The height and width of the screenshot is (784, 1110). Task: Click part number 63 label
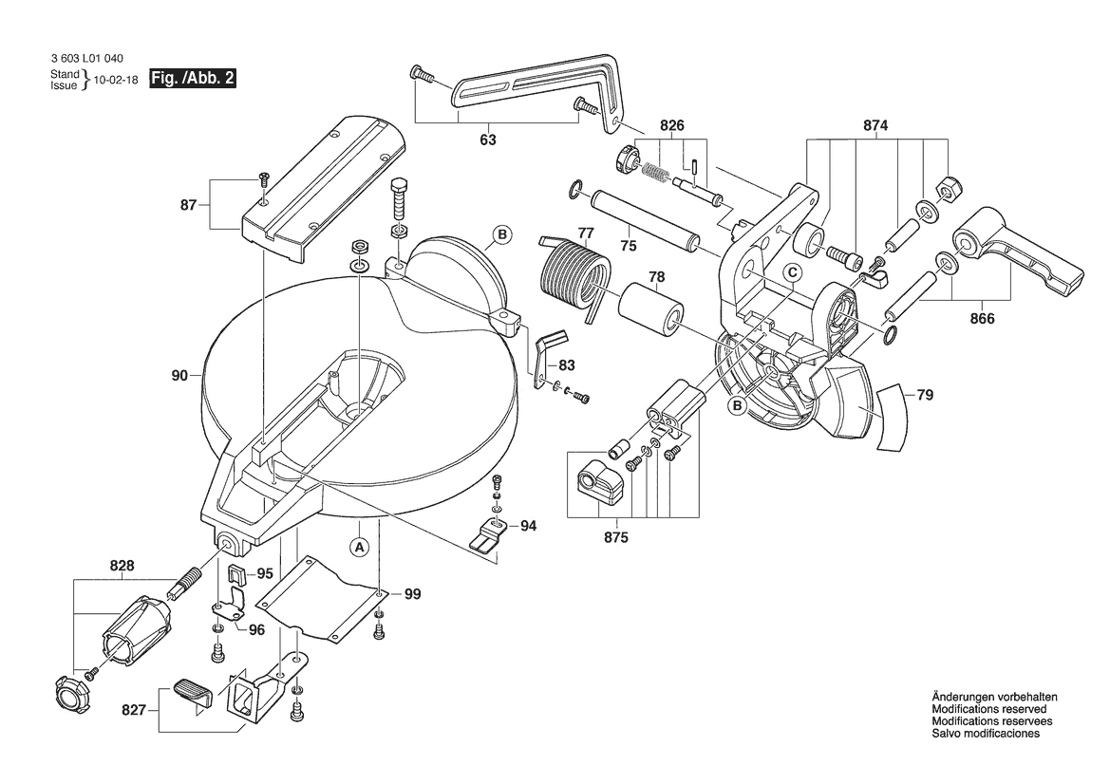click(487, 140)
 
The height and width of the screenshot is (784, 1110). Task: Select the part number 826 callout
click(672, 125)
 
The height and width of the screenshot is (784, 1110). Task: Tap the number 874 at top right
click(876, 125)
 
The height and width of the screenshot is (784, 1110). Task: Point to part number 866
click(982, 319)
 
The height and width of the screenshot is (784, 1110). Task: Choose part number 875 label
click(616, 538)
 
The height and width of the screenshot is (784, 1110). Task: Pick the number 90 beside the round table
click(179, 376)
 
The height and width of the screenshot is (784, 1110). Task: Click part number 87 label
click(188, 204)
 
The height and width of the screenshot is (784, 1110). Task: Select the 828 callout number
click(122, 566)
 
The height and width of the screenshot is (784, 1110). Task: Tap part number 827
click(135, 709)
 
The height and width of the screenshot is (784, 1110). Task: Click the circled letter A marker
click(358, 546)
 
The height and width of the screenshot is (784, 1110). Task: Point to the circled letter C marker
click(790, 272)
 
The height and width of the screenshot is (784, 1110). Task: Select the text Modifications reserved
click(988, 709)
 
